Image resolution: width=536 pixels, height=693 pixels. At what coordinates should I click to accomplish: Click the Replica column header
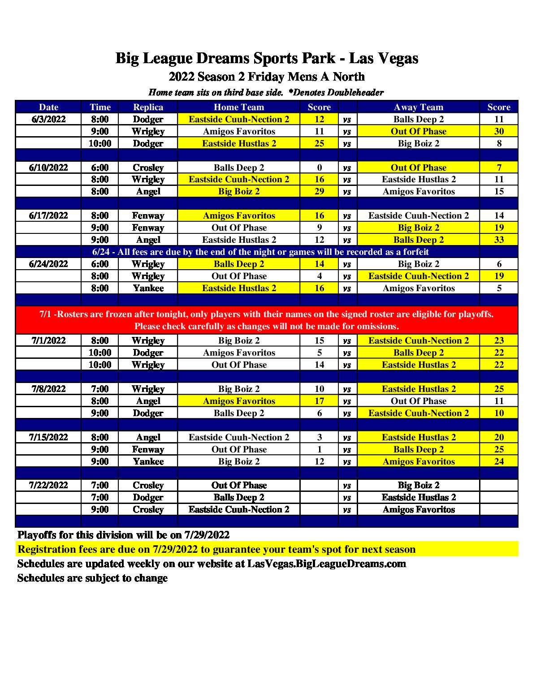[148, 107]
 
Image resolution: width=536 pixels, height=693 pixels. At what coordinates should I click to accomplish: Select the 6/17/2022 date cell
[48, 215]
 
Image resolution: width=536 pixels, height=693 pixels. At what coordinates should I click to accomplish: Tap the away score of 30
[499, 131]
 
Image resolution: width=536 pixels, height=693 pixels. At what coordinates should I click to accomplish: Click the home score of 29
[319, 191]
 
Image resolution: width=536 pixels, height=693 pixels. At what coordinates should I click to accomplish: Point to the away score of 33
[499, 240]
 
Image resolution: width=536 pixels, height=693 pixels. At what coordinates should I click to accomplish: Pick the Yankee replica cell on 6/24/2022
[148, 288]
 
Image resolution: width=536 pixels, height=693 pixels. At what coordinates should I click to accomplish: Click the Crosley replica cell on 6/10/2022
[148, 168]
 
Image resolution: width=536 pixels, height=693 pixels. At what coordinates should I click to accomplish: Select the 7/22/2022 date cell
[48, 485]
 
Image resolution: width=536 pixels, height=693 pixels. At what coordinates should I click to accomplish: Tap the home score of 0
[319, 168]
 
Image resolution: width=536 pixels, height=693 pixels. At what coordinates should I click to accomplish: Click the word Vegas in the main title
[396, 58]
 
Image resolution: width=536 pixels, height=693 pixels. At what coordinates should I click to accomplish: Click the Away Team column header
[418, 107]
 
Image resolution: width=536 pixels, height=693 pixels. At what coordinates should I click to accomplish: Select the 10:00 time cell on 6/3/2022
[100, 143]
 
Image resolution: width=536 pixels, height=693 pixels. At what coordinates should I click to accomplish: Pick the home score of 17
[319, 401]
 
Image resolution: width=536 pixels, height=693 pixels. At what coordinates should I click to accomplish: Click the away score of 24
[499, 461]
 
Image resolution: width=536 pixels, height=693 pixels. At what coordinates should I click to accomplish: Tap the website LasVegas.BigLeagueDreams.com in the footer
[326, 564]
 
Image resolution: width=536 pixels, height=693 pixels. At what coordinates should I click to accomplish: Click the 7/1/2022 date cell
[48, 340]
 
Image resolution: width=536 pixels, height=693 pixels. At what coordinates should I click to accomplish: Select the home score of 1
[319, 449]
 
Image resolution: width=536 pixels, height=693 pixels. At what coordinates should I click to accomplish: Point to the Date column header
[48, 107]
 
